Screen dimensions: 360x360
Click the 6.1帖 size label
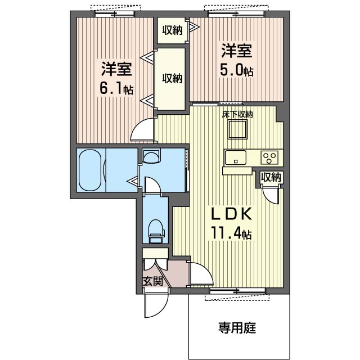(x=117, y=88)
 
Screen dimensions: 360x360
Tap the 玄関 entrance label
(x=152, y=281)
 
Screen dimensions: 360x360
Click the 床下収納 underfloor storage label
(x=237, y=114)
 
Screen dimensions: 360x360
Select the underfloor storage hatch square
(x=237, y=130)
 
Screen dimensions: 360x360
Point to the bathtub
(x=91, y=170)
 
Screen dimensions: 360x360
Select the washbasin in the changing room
(x=151, y=155)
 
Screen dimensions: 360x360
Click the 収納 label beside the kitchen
(x=271, y=178)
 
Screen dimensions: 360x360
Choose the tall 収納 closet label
(x=173, y=78)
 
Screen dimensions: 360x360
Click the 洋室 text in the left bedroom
(x=117, y=70)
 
